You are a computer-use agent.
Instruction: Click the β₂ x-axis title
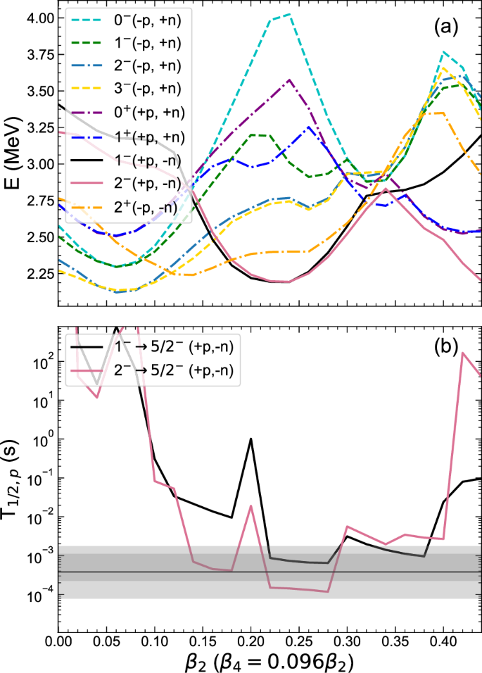coord(269,662)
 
